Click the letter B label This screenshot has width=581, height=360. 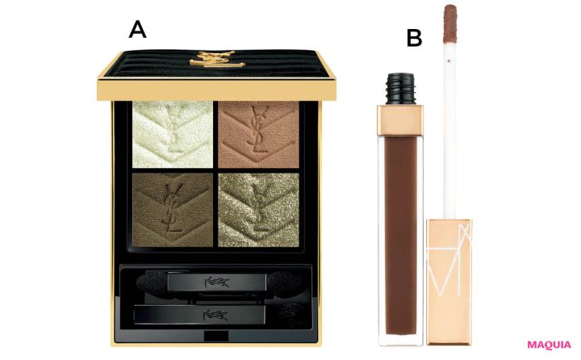[x=414, y=37]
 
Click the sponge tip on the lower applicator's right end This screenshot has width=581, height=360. [x=287, y=311]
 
